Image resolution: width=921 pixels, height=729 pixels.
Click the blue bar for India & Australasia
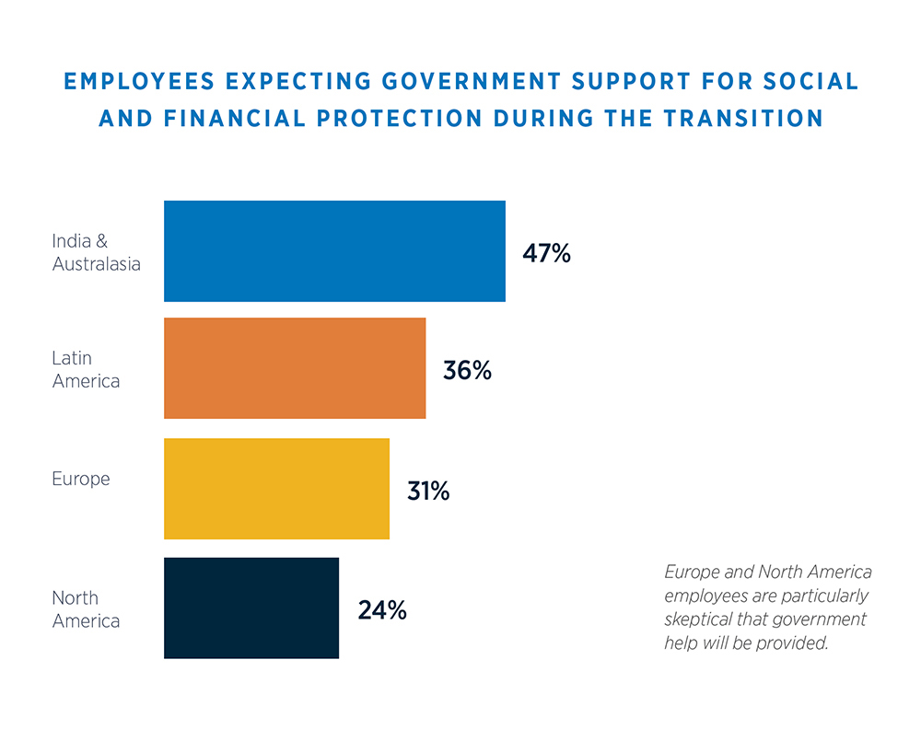click(334, 251)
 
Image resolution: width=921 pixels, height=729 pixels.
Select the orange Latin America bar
click(295, 368)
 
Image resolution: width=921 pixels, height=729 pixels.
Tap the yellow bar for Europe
click(276, 489)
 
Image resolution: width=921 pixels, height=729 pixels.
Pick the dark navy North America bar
click(251, 607)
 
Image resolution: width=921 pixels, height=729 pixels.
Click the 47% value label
click(546, 253)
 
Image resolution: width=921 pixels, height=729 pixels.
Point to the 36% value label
click(467, 371)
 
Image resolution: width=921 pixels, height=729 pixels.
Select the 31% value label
click(428, 491)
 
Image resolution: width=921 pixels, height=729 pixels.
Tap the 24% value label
click(381, 609)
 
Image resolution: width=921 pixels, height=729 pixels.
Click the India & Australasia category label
click(96, 252)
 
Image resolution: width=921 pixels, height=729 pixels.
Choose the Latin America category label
click(86, 369)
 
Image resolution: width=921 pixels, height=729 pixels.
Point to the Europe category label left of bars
click(81, 480)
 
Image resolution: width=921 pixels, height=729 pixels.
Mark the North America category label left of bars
click(86, 609)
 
